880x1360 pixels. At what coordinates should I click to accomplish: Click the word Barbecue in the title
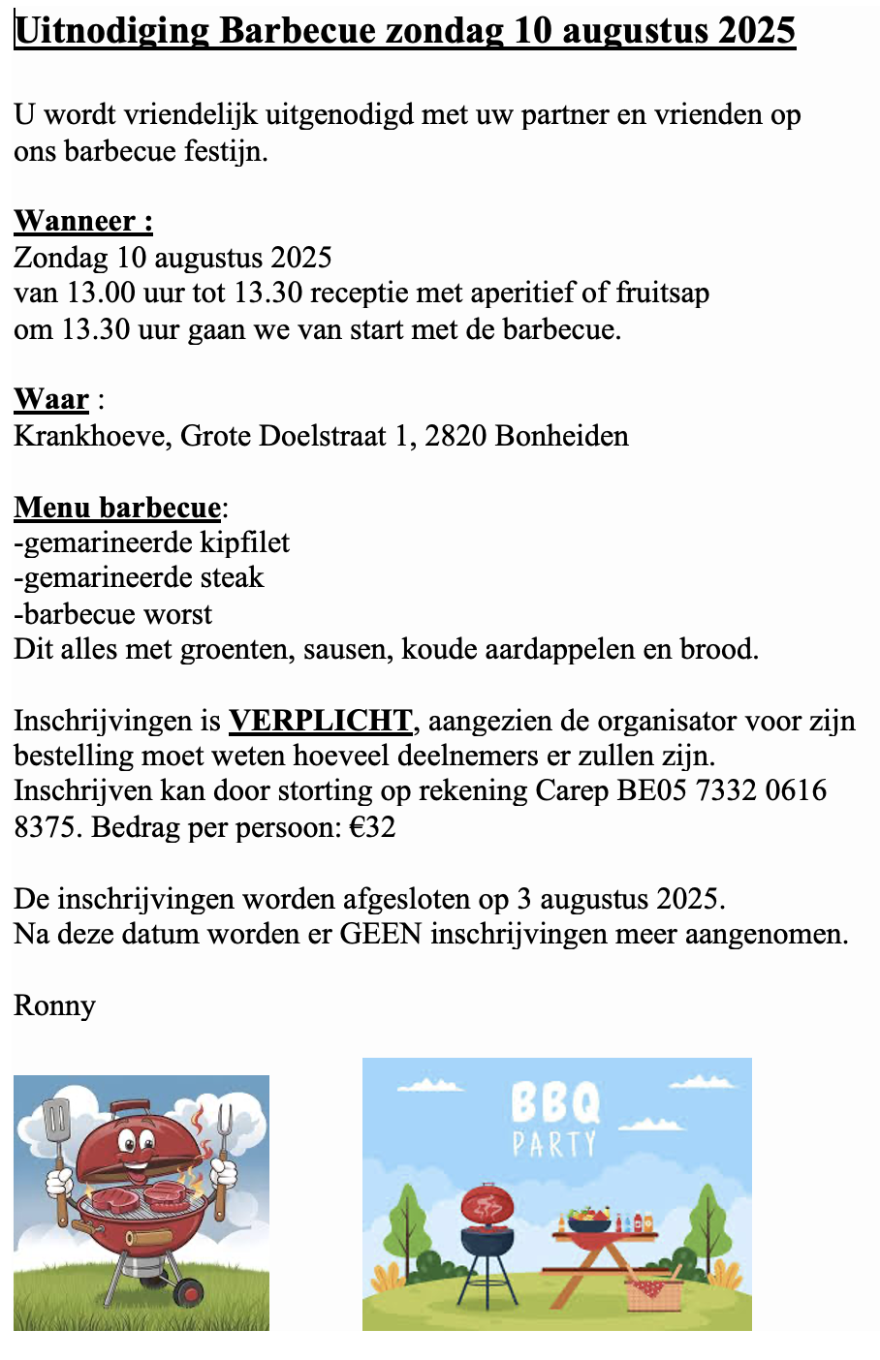point(298,31)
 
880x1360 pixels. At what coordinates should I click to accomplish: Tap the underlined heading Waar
point(51,400)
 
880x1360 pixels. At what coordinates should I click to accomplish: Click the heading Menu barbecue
point(117,508)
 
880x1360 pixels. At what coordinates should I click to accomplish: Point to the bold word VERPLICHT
point(321,721)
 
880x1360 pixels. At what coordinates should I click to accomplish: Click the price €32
point(372,827)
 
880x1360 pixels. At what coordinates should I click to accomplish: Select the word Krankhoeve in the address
point(92,436)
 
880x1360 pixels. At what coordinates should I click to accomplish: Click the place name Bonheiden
point(561,436)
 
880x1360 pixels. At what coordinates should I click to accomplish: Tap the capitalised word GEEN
point(380,935)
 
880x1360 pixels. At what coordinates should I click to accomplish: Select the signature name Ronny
point(54,1005)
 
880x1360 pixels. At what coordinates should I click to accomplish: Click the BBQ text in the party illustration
point(555,1101)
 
